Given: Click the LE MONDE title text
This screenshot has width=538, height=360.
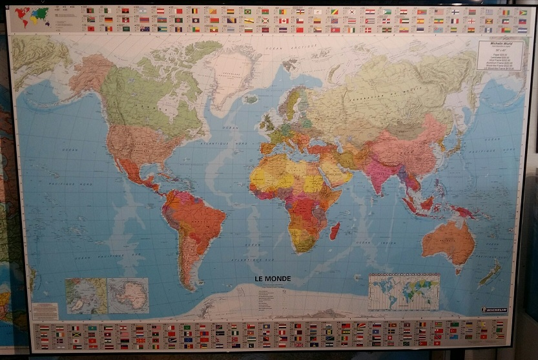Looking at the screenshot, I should (x=273, y=279).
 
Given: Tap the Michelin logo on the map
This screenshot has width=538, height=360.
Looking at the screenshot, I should (x=494, y=310).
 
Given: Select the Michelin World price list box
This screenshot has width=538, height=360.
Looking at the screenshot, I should (x=499, y=55).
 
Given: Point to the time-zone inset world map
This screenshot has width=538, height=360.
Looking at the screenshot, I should (x=404, y=292).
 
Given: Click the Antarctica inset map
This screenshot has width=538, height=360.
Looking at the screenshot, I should (x=128, y=295).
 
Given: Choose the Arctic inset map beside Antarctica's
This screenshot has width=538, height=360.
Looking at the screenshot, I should (x=86, y=295).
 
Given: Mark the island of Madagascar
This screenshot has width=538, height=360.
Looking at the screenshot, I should (x=335, y=230).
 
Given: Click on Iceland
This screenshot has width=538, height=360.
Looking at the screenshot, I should (x=251, y=99).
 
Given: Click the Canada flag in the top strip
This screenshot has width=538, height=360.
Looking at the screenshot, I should (x=283, y=21).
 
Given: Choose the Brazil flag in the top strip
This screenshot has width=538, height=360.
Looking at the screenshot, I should (x=247, y=12).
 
